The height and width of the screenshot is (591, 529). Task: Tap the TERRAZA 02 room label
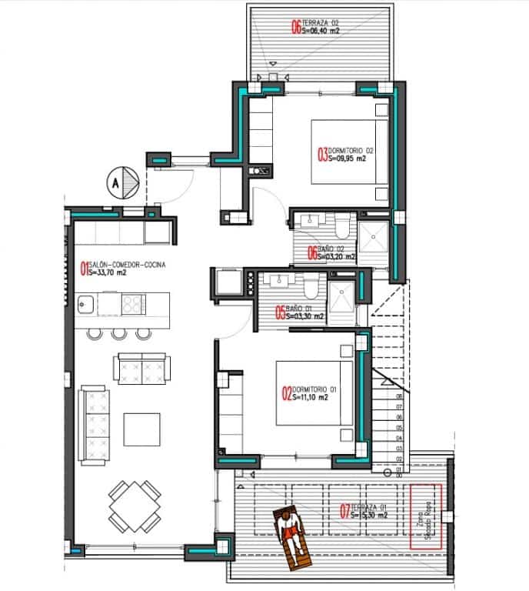click(315, 28)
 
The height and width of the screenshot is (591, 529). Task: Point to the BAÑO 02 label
click(331, 252)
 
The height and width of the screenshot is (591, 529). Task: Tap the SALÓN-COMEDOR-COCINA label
click(122, 269)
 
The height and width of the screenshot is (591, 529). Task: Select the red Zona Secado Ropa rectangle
click(426, 515)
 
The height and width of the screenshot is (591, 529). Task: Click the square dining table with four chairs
click(135, 506)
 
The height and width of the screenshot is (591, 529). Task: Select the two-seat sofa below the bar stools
click(141, 367)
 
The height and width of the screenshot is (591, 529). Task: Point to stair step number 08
click(399, 398)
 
